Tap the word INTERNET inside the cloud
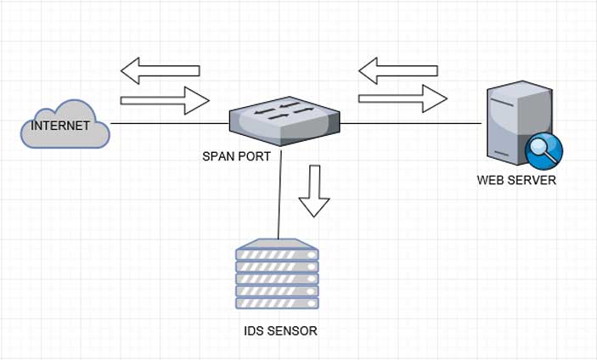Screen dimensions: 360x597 [x=60, y=126]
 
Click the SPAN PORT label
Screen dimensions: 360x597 [x=236, y=156]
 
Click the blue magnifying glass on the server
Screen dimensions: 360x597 [x=541, y=150]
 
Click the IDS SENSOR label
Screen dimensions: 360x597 [x=280, y=330]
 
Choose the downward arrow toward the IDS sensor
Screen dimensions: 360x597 [x=313, y=190]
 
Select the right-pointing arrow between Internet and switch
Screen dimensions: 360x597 [x=165, y=101]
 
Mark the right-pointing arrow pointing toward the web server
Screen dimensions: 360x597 [x=403, y=98]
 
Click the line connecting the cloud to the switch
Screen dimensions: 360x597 [x=170, y=124]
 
